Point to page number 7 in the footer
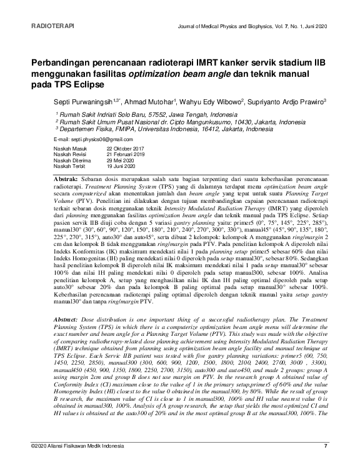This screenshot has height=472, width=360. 325,462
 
